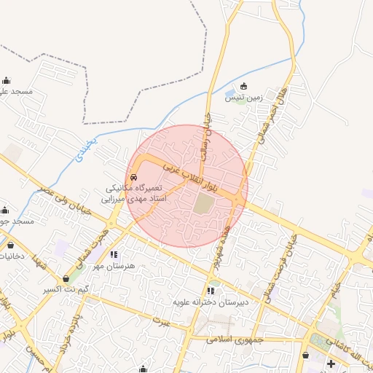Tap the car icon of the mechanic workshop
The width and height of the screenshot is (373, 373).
[133, 178]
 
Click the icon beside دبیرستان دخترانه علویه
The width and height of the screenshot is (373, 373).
[211, 291]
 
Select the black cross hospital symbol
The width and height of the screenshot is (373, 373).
[331, 364]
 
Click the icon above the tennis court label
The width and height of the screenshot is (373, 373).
[243, 86]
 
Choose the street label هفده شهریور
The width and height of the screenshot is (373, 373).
[217, 246]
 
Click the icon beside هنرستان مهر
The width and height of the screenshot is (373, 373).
[114, 255]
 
